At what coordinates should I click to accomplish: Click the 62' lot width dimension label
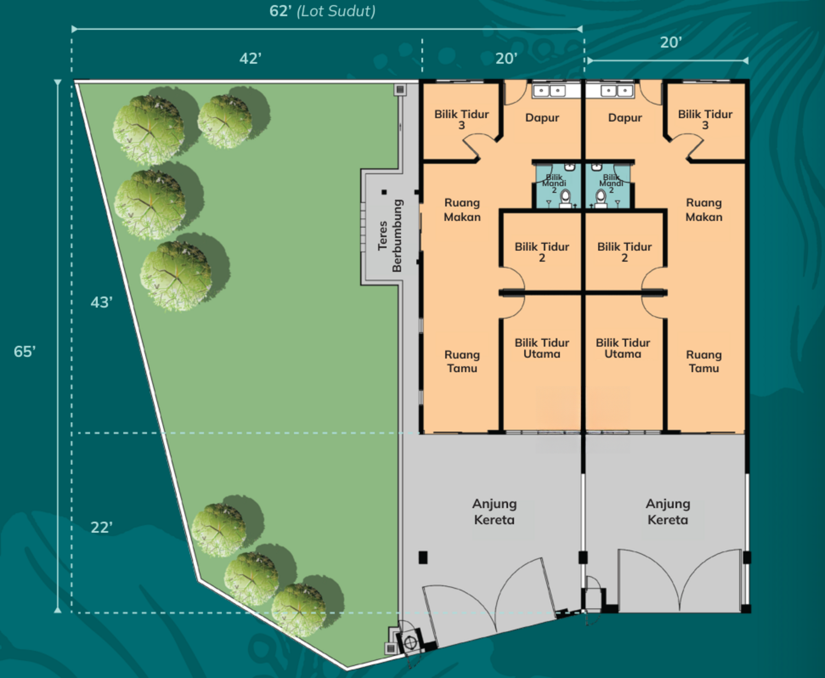click(280, 11)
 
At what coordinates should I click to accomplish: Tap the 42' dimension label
click(250, 59)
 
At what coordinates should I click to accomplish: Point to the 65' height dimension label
click(25, 351)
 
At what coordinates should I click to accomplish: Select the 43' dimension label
click(101, 302)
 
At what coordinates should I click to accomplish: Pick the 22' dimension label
click(101, 527)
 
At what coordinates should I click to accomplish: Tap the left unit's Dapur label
click(542, 118)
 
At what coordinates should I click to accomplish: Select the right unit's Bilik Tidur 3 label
click(705, 120)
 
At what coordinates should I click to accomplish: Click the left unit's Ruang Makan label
click(462, 210)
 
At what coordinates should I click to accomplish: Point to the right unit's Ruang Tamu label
click(704, 361)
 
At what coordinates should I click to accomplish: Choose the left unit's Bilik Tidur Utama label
click(542, 348)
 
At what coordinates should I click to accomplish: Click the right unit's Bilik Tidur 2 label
click(624, 252)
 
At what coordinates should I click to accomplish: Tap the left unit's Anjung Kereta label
click(494, 511)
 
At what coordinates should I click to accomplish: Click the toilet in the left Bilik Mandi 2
click(565, 199)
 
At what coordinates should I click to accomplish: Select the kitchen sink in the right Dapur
click(617, 91)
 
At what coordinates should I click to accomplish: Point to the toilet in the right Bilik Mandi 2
click(601, 199)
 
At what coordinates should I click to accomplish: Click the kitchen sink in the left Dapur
click(549, 91)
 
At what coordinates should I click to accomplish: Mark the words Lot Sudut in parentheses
click(336, 11)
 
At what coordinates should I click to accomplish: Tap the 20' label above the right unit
click(671, 42)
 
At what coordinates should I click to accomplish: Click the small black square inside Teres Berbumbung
click(384, 192)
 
